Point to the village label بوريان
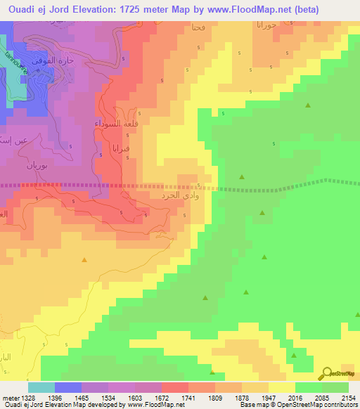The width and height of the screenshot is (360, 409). [38, 167]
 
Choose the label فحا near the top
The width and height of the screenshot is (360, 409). [198, 27]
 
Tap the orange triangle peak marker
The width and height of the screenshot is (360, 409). [84, 261]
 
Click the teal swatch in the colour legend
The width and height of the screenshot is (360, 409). [41, 387]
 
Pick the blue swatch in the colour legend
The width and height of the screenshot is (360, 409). [67, 387]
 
